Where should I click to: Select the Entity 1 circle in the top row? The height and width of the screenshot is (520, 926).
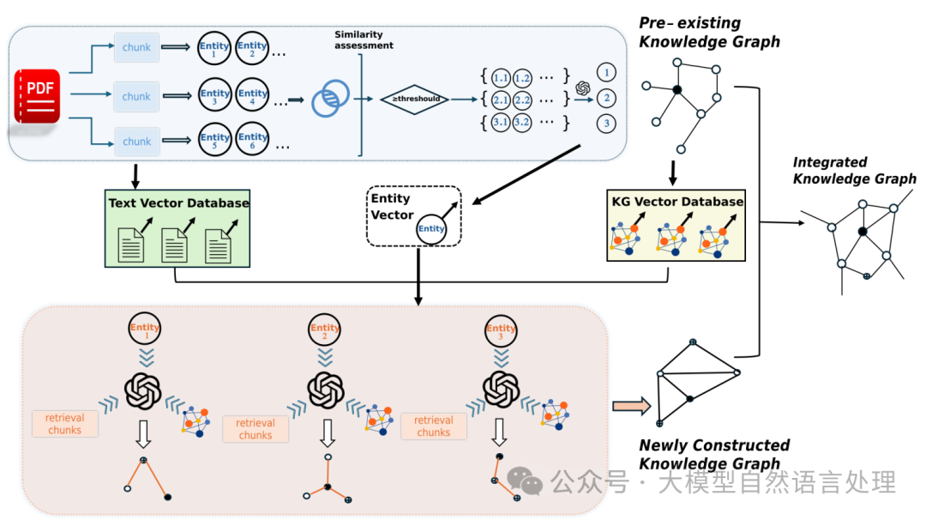coord(214,48)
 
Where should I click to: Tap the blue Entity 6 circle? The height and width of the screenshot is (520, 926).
coord(253,141)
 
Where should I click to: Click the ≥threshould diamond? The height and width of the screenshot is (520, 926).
coord(414,99)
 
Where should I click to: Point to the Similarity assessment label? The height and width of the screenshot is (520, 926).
coord(364,39)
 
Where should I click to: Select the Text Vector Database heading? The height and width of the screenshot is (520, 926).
coord(178,203)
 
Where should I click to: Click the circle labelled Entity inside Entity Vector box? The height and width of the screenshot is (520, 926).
coord(431,228)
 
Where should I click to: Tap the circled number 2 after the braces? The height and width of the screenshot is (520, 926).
coord(607,99)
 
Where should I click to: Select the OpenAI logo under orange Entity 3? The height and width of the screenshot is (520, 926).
coord(502,390)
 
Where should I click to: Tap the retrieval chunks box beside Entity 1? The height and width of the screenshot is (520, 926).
coord(65,424)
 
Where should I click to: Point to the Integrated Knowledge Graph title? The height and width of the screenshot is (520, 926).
coord(854,171)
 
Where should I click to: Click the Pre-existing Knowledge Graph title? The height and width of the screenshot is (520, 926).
coord(709,32)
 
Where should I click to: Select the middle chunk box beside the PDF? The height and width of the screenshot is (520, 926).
coord(136,97)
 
